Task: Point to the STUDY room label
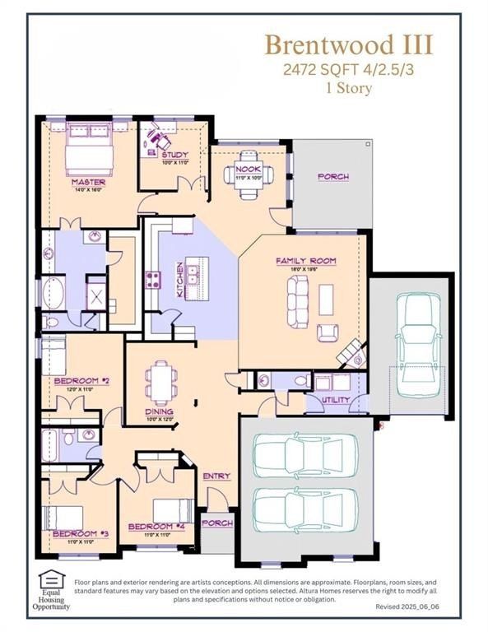174,155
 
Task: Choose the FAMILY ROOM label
305,261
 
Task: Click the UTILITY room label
335,400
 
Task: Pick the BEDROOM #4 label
151,526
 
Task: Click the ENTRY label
216,476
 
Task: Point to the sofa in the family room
297,300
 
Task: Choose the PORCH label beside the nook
332,177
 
